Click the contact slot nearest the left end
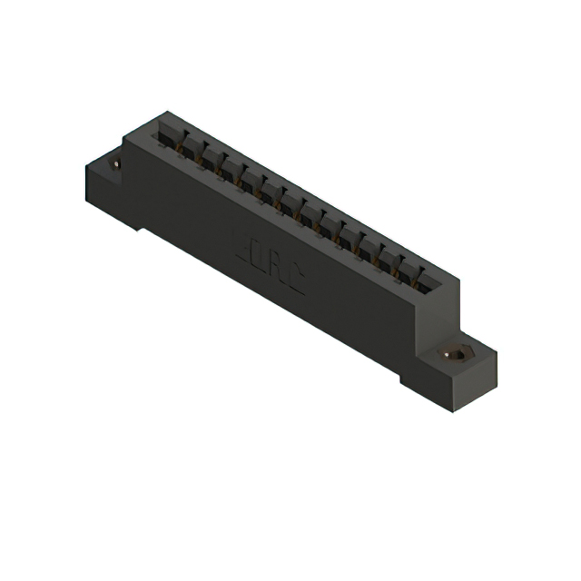pos(166,134)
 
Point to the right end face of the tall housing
pos(440,309)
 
